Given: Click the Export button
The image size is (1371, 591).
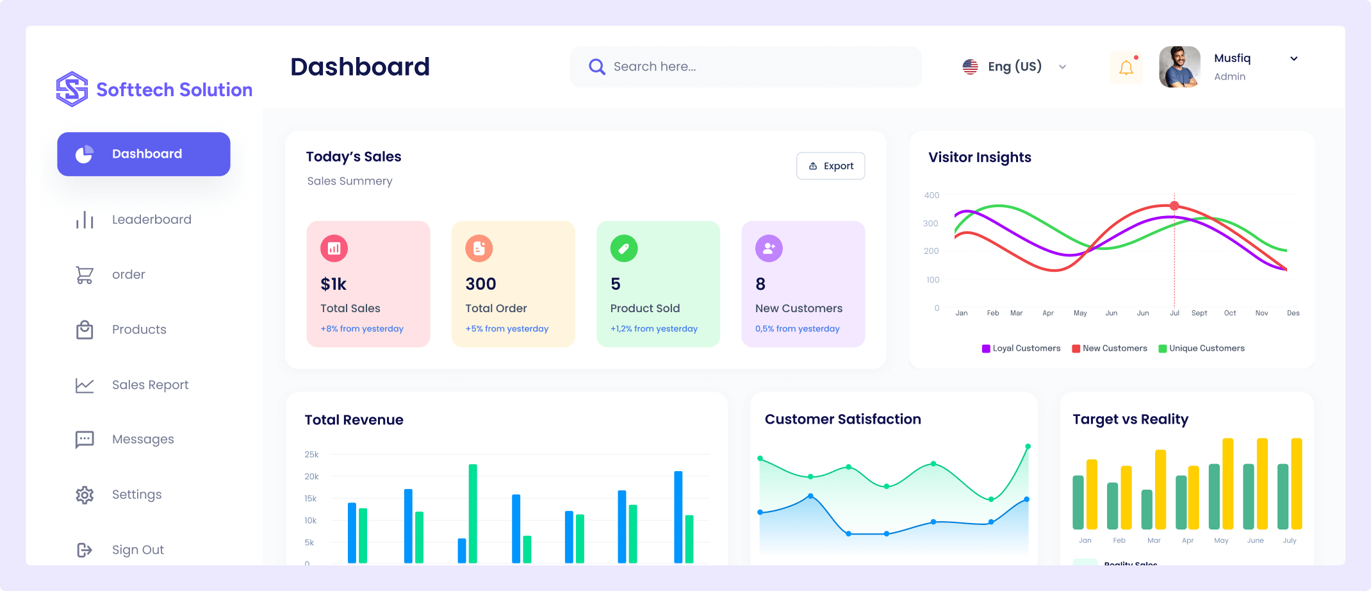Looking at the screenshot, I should point(830,166).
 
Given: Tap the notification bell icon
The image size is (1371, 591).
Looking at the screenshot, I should point(1126,67).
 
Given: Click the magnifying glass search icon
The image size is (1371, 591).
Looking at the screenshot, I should point(596,67).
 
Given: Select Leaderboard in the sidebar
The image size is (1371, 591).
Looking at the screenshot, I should point(151,220).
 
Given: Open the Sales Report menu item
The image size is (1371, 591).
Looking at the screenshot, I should point(150,385).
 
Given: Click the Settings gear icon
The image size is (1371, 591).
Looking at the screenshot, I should point(85,495).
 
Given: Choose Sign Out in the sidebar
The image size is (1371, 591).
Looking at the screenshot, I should point(137,550).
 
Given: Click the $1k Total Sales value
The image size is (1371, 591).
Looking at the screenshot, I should point(334,284).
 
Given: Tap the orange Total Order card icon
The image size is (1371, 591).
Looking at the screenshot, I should point(479,248).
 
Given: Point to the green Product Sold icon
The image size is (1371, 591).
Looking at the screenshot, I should point(624,248).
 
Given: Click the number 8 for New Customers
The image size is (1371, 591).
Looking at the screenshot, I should point(760,284).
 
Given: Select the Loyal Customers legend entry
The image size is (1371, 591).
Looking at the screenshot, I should point(1021,349).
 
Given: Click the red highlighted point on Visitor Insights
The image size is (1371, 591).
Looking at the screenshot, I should point(1174,206).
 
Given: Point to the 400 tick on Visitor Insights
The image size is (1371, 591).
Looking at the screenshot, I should point(932,196).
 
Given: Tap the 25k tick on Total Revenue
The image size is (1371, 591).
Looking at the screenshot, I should point(311,454).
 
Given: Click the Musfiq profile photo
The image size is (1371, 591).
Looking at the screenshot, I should point(1179,67).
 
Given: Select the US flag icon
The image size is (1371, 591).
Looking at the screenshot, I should point(971,67).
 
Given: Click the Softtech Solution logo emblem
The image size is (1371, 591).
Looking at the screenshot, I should point(72,89).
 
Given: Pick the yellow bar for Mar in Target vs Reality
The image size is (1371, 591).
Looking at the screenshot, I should point(1160,489).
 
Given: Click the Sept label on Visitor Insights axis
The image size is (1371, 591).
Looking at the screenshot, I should point(1199,313).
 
